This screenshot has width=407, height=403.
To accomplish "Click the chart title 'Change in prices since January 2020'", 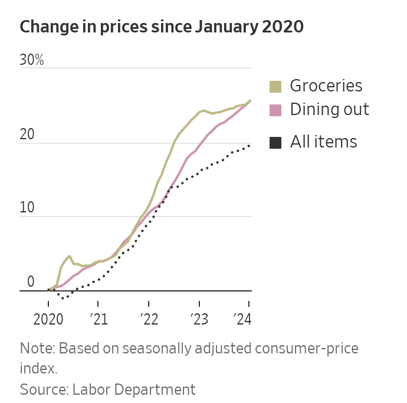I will click(x=162, y=27).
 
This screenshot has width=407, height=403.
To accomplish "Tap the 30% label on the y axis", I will click(x=31, y=61).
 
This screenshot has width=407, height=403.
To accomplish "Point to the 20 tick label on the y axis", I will click(x=27, y=135).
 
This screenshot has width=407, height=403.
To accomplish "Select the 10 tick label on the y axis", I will click(x=27, y=208).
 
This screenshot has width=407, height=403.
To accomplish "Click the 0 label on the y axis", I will click(x=31, y=282).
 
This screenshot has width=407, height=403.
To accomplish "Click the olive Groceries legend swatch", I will click(x=275, y=86).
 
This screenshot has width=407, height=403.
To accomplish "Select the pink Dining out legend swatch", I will click(x=275, y=110).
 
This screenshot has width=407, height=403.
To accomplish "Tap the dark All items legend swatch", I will click(x=275, y=142).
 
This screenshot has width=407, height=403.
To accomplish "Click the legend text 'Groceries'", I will click(x=326, y=86).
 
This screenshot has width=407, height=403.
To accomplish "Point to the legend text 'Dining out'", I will click(x=329, y=110).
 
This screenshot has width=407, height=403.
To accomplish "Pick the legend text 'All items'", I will click(x=323, y=142).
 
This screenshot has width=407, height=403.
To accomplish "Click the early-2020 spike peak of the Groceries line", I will click(x=70, y=256).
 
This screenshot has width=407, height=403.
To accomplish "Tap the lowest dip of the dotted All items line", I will click(x=63, y=298).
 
